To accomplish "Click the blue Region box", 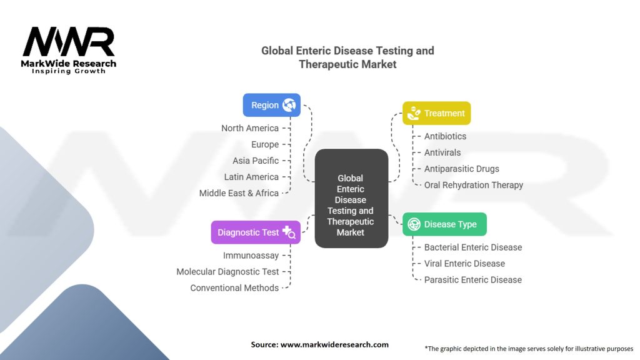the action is tap(271, 105).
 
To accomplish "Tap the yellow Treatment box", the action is tap(436, 113).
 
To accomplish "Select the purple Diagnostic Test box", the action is tap(256, 232).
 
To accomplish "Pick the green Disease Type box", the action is tap(444, 224).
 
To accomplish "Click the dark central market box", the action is tap(351, 198).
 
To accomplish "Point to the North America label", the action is tap(250, 128).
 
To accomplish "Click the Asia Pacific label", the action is tap(256, 161).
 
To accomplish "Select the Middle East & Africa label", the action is tap(239, 194).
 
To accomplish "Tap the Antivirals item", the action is tap(442, 152).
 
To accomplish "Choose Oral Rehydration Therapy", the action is tap(474, 185).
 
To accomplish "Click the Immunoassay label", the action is tap(251, 256).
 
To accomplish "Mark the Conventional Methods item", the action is tap(234, 288).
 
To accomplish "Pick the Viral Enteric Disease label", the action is tap(464, 264).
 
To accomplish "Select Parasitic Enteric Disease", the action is tap(473, 280).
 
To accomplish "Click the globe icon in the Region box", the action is tap(289, 105).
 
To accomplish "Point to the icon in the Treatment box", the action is tap(414, 113).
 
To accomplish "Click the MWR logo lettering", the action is tap(69, 41).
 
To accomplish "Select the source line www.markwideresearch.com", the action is tap(319, 344).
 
